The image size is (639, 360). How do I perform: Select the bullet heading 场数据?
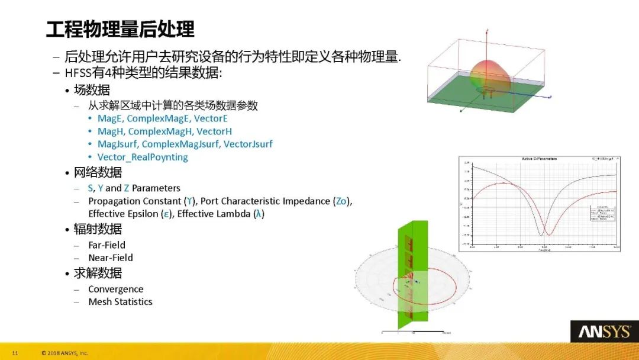pos(92,90)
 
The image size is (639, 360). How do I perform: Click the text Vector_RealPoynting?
pos(143,157)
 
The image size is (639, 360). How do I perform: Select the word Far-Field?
pos(106,245)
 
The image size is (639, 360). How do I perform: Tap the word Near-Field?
pos(111,258)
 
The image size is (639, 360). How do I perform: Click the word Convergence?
pos(115,289)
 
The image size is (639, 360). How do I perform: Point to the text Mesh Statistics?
pos(120,301)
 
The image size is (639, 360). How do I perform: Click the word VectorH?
pos(214,131)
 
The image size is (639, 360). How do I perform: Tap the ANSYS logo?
pos(604,332)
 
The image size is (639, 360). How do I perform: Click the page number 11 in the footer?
pos(15,353)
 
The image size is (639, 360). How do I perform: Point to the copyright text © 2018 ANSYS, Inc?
pos(64,353)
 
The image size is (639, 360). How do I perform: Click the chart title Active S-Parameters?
pos(539,159)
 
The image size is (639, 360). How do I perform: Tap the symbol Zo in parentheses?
pos(341,201)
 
